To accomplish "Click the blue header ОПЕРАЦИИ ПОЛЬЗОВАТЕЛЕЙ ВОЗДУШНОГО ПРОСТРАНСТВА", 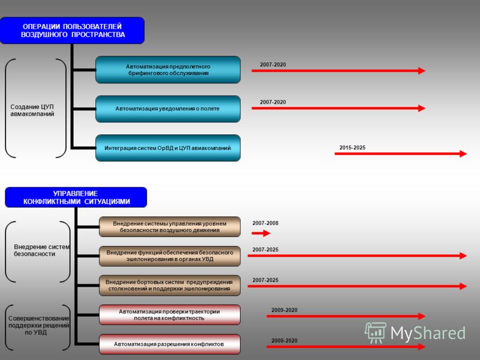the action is tap(72, 31).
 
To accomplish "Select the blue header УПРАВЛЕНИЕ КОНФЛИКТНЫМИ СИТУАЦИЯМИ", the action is tap(76, 197).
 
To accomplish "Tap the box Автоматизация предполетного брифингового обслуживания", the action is tap(168, 70).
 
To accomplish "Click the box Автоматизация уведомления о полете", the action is tap(168, 109).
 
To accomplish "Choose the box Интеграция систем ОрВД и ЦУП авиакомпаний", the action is tap(168, 148).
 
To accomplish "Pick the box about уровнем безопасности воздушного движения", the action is tap(170, 227).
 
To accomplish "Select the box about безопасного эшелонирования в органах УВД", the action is tap(170, 256).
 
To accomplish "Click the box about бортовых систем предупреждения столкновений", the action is tap(170, 286).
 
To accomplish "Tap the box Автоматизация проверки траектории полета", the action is tap(170, 314).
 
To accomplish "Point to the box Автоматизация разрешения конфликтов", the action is tap(170, 344).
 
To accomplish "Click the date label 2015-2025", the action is tap(352, 148).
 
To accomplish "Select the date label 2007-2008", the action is tap(265, 223).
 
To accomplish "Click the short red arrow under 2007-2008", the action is tap(261, 233).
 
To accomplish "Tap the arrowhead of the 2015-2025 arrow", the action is tap(463, 154).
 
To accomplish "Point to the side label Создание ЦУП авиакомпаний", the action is tap(32, 110).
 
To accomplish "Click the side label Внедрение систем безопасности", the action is tap(41, 250).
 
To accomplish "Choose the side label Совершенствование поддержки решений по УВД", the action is tap(38, 325).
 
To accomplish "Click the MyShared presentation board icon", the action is tap(376, 332).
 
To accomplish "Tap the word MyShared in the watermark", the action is tap(428, 333).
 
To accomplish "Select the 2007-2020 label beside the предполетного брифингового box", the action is tap(273, 65).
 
